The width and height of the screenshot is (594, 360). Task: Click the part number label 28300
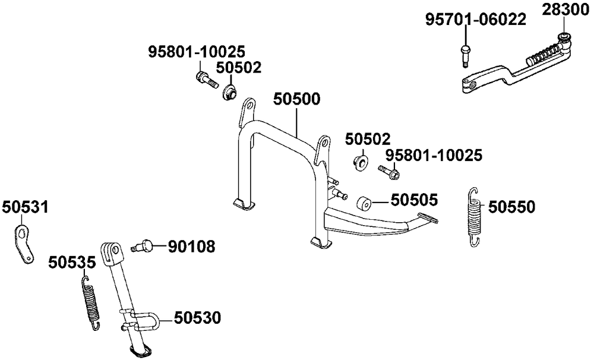565,10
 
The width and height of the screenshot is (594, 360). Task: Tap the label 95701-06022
475,20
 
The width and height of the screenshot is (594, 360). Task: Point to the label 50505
414,200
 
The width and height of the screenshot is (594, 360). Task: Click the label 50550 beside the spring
511,207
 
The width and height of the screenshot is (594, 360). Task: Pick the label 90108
191,247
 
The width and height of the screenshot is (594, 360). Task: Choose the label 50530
197,318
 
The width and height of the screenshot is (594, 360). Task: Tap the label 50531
25,207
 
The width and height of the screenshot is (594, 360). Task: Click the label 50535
72,262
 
